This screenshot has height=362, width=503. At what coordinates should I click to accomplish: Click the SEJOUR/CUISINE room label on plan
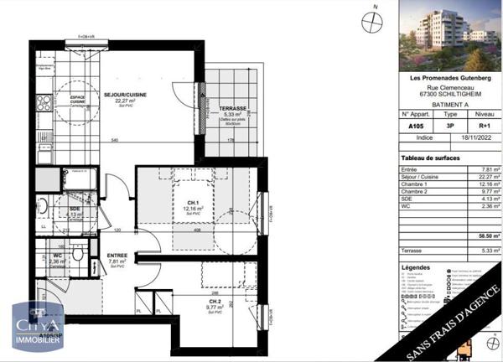[126, 96]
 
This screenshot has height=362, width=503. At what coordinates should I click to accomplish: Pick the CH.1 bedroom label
[193, 203]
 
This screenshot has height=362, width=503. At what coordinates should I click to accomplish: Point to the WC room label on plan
[58, 256]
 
